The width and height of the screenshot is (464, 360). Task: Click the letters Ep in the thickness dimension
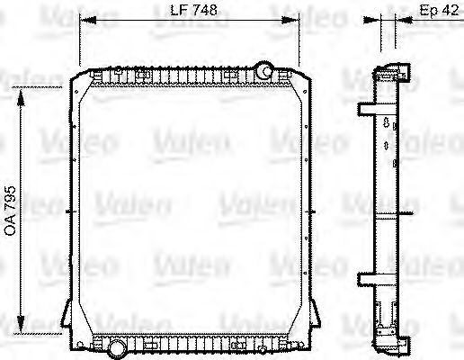pyautogui.click(x=428, y=11)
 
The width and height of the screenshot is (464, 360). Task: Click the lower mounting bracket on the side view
pyautogui.click(x=367, y=275)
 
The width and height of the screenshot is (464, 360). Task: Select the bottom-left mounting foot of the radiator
pyautogui.click(x=67, y=316)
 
